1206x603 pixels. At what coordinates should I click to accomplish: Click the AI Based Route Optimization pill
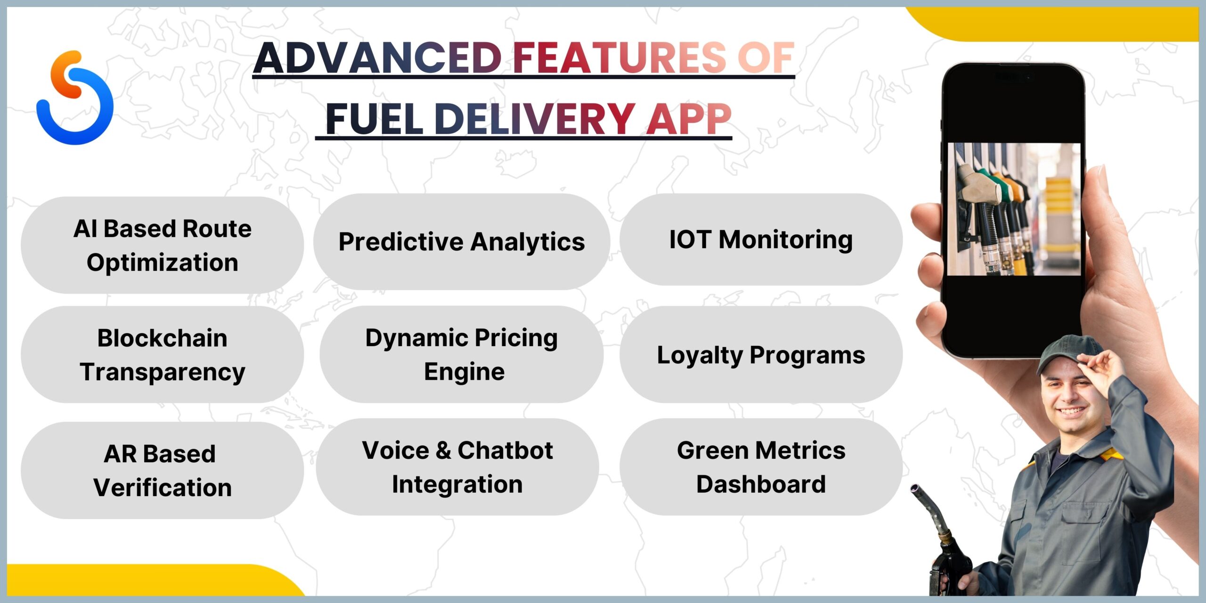coord(163,245)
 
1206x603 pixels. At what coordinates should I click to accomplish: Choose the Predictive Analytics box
coord(462,241)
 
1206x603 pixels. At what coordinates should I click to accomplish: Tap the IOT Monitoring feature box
coord(761,239)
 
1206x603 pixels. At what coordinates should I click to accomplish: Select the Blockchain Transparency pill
coord(163,354)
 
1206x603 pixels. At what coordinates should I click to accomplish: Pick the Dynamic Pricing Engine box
coord(462,354)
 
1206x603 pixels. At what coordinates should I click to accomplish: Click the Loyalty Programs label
coord(761,354)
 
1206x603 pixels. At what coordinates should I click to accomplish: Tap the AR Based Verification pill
coord(163,470)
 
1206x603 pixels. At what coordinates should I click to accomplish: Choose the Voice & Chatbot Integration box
coord(457,467)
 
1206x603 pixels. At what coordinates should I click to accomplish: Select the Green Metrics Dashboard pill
coord(761,467)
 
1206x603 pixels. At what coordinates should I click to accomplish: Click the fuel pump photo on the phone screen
coord(1014,209)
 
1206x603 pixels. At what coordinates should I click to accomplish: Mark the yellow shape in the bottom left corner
coord(151,580)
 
